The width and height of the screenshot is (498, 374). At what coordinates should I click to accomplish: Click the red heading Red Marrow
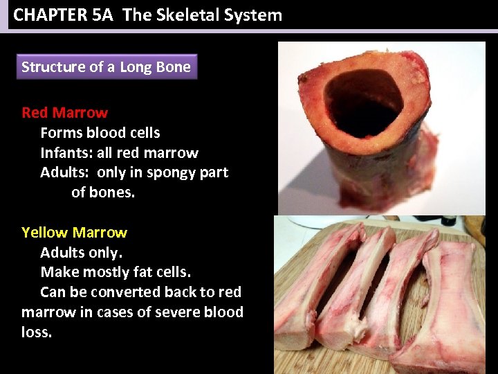64,113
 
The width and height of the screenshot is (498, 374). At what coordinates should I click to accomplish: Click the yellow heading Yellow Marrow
74,233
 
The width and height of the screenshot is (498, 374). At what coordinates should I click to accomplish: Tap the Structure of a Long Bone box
106,67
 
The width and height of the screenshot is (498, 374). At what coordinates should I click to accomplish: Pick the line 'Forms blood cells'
100,133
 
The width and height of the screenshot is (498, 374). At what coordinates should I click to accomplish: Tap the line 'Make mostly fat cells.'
116,272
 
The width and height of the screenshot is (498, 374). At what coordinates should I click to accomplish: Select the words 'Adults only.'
81,252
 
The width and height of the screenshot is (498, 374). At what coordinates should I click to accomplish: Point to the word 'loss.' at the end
37,332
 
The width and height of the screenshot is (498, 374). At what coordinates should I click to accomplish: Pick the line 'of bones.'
103,193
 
